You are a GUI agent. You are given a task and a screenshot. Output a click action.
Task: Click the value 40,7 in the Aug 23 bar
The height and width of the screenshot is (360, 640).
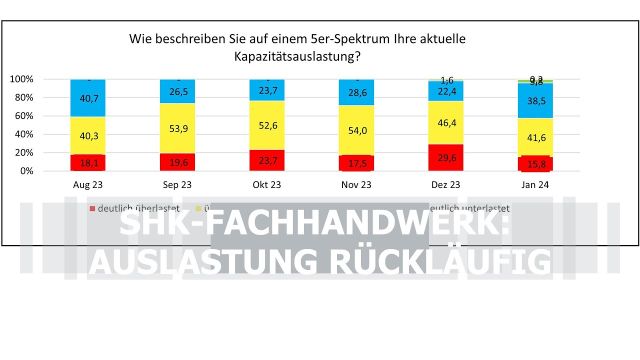pyautogui.click(x=88, y=98)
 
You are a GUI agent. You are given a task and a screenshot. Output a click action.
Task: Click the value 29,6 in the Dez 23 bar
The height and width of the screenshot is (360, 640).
pyautogui.click(x=447, y=157)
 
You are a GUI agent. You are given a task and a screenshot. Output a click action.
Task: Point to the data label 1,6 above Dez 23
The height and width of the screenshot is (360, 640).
pyautogui.click(x=447, y=80)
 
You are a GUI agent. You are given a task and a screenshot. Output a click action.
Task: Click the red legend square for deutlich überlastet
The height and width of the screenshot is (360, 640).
pyautogui.click(x=93, y=208)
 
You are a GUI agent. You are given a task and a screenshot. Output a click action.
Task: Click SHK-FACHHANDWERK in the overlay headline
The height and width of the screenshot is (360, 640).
pyautogui.click(x=314, y=226)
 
